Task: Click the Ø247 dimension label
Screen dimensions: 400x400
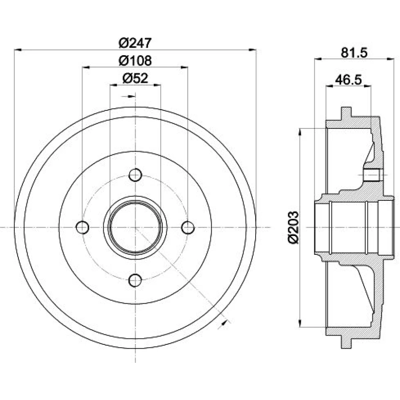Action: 135,43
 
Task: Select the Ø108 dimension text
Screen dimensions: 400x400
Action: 135,61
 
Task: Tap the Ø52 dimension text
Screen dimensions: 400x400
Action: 135,78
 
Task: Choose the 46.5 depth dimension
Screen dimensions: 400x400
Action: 348,80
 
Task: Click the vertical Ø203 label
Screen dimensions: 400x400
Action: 293,227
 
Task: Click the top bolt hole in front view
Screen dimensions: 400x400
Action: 135,175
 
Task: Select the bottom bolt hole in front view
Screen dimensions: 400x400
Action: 135,280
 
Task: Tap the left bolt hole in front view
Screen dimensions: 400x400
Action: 83,227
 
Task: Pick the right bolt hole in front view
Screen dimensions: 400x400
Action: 188,227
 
